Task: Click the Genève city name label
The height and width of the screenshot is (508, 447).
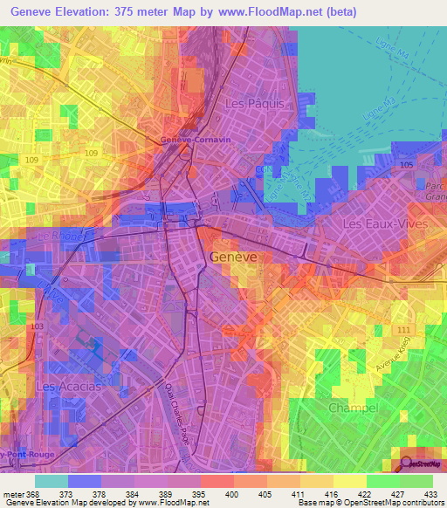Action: pos(234,257)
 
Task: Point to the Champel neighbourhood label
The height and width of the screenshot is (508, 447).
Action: pos(353,408)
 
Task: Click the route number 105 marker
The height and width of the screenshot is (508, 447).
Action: pos(405,165)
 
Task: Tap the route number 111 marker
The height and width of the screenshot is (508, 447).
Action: pos(402,329)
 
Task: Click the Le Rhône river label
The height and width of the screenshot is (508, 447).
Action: pos(59,236)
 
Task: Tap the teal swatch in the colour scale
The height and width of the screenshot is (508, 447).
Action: pos(51,480)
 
